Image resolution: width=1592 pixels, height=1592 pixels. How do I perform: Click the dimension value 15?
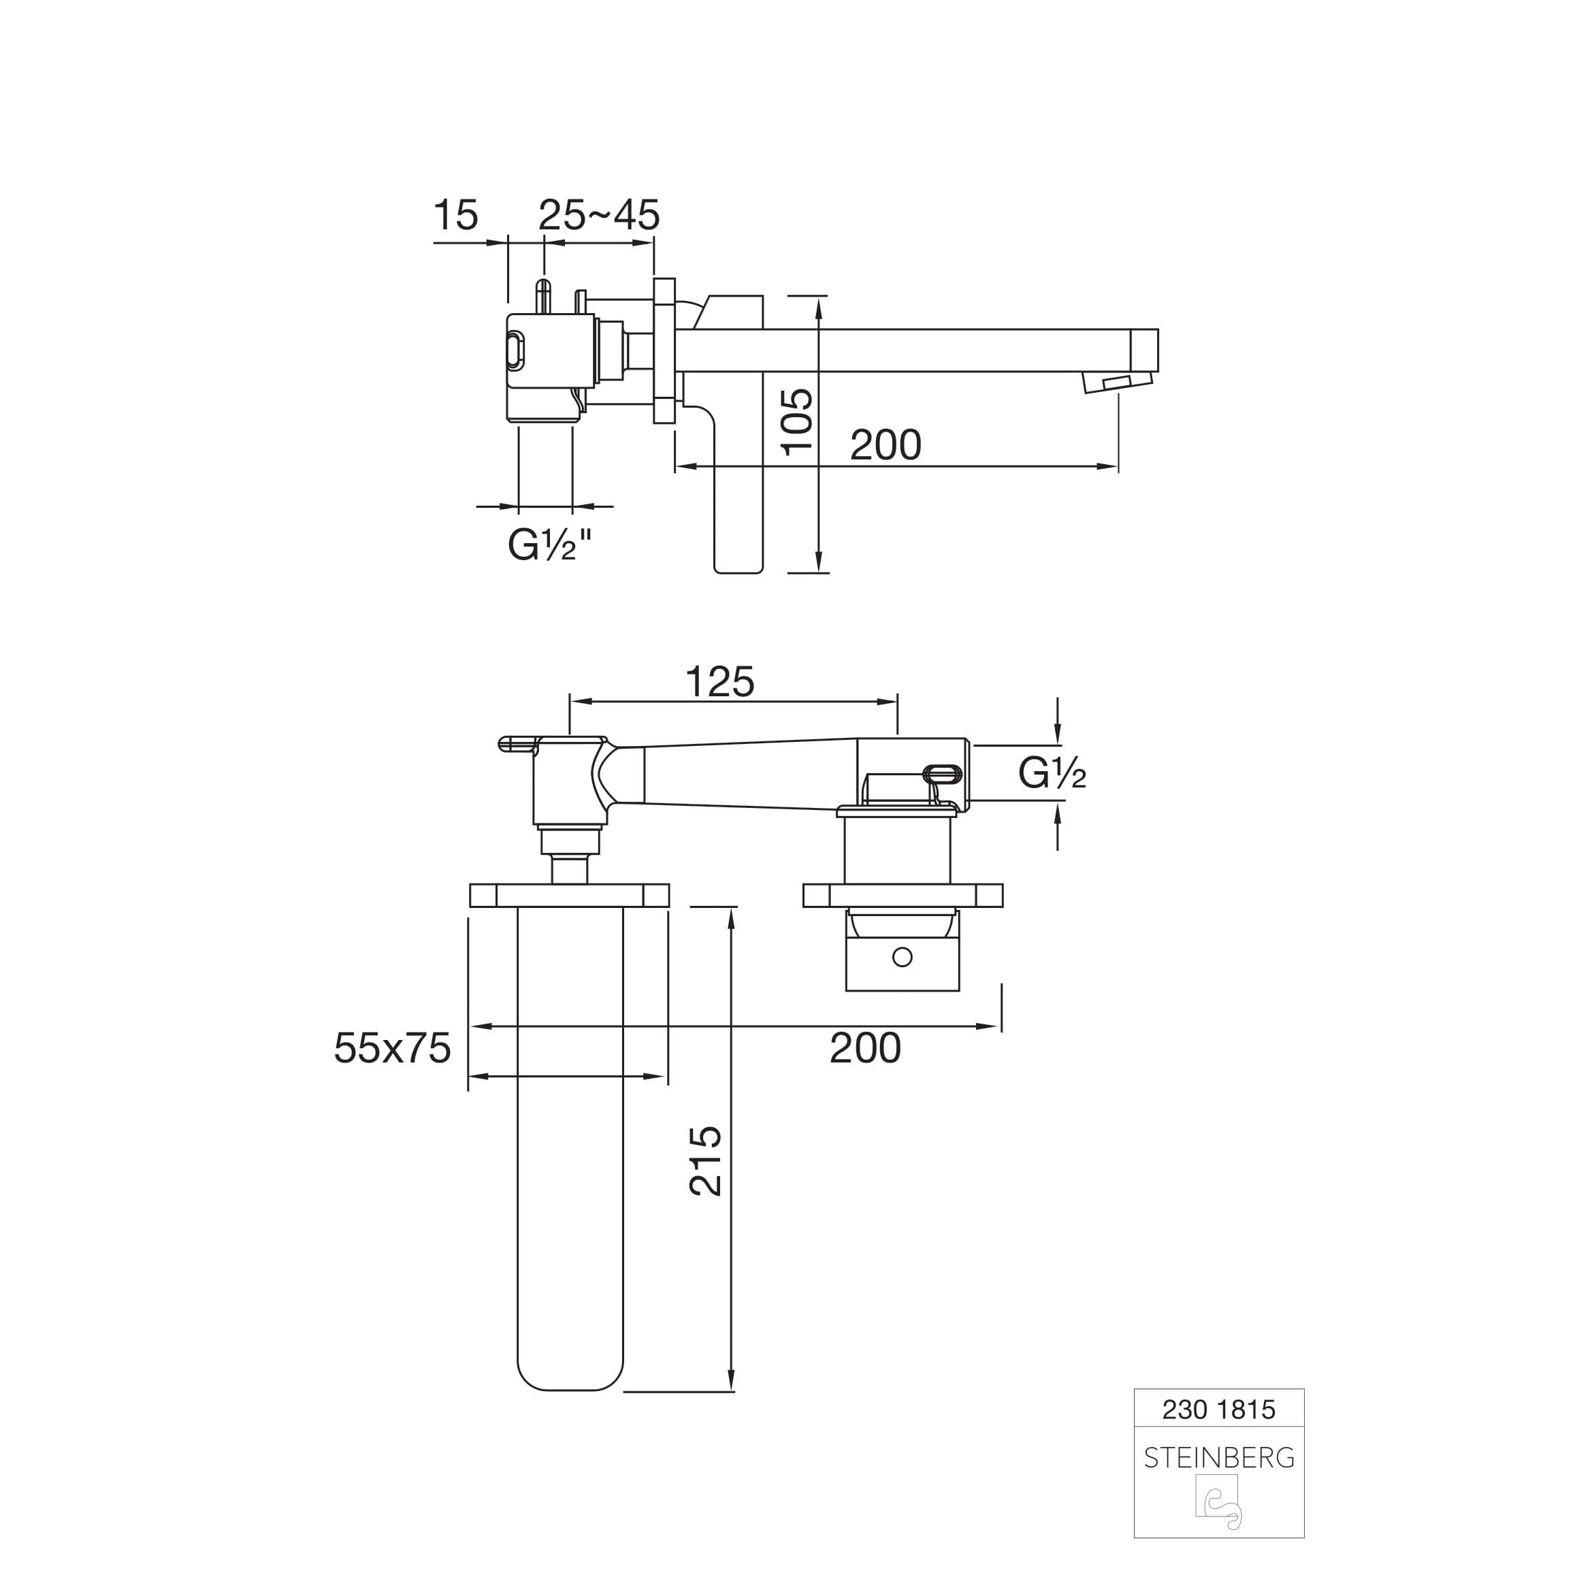click(455, 215)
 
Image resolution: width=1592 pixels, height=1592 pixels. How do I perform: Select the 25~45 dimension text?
click(599, 215)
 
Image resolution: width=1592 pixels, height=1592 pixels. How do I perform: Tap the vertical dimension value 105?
click(797, 422)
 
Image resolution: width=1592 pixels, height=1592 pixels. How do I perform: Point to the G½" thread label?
click(550, 545)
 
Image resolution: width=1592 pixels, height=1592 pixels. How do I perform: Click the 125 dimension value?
click(719, 682)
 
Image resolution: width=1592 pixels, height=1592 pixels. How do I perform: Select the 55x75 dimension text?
click(392, 1049)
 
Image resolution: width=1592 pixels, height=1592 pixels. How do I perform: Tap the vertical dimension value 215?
click(705, 1161)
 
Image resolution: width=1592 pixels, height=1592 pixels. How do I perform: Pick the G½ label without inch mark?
click(1052, 773)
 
